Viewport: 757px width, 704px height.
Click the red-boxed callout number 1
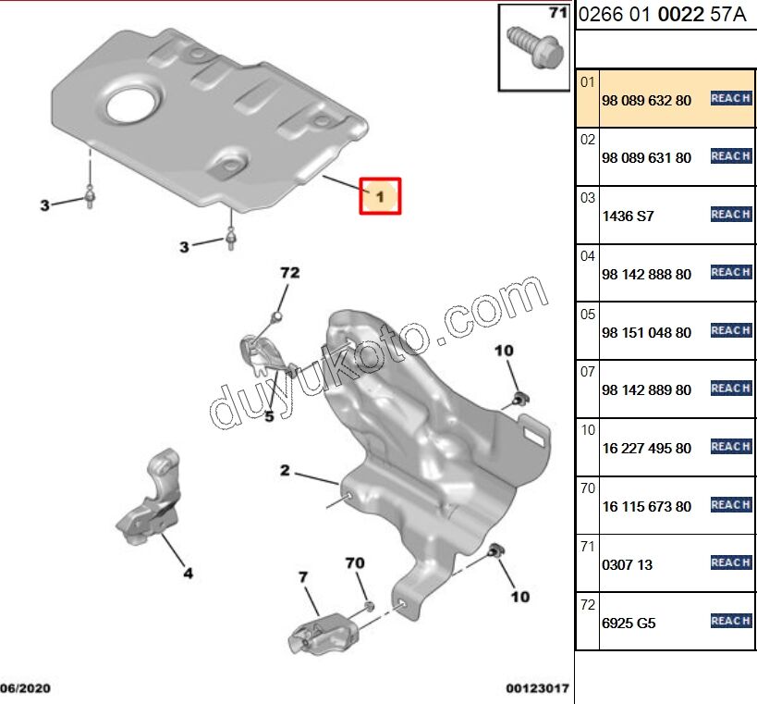click(380, 196)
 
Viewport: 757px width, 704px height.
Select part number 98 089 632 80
click(645, 100)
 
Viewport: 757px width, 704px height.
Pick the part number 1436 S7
click(627, 216)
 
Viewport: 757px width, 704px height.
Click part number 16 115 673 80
click(645, 506)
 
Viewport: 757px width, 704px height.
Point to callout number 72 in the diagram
click(290, 273)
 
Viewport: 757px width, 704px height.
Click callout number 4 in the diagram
click(188, 574)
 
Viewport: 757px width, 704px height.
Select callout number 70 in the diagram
click(355, 562)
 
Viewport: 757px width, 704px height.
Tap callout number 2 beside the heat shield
click(286, 471)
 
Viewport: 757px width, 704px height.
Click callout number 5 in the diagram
click(269, 416)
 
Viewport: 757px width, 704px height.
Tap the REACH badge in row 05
click(730, 330)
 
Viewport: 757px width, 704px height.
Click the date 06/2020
click(26, 689)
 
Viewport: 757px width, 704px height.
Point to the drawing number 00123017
click(537, 689)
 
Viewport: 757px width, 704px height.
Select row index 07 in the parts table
click(587, 371)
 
